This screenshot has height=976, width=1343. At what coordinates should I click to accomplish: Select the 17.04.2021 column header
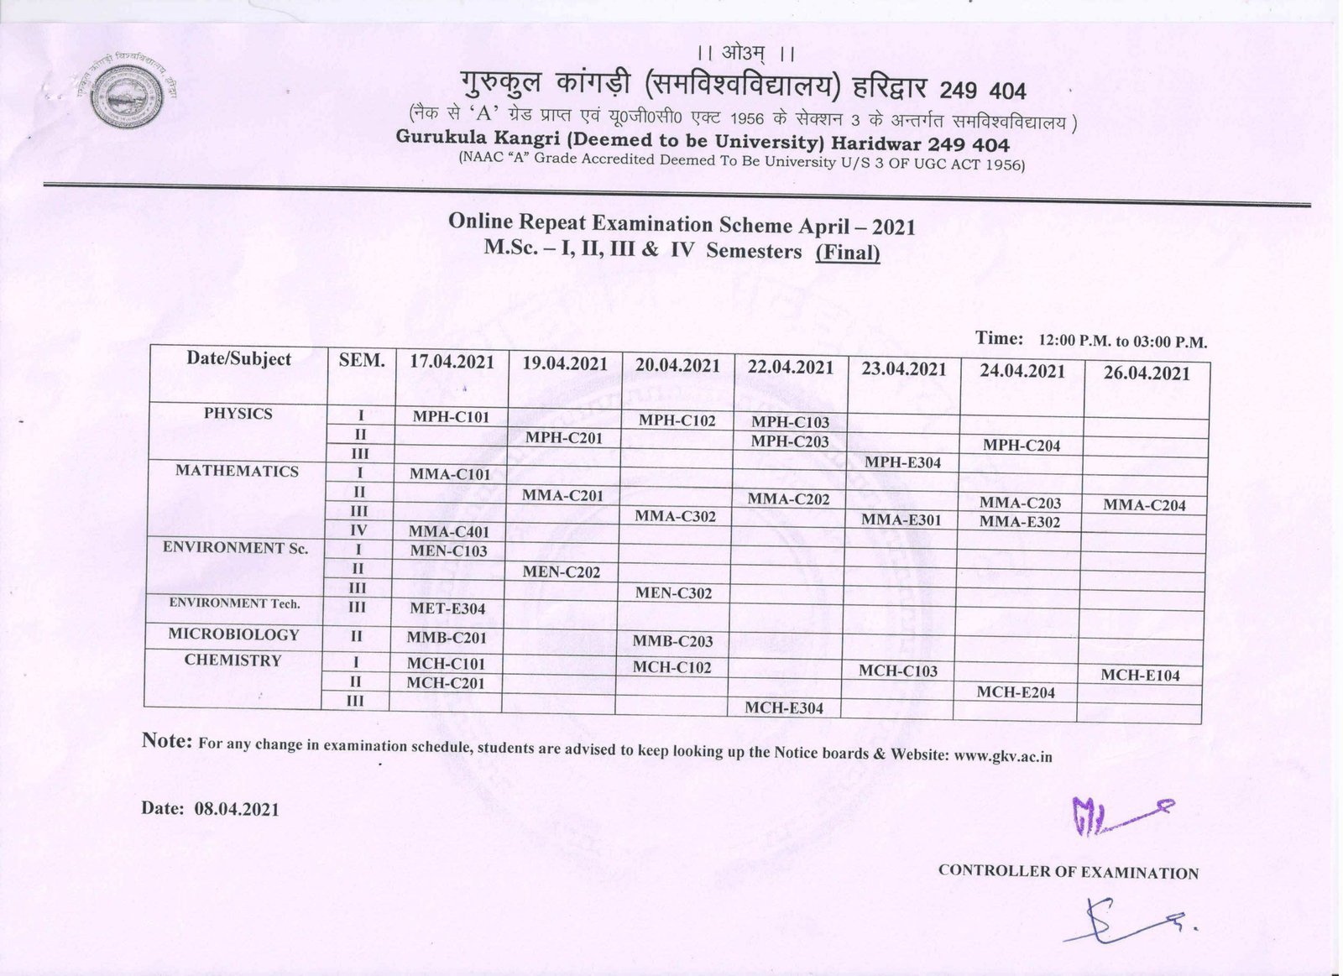coord(452,363)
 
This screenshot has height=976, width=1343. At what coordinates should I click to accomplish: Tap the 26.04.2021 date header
coord(1147,373)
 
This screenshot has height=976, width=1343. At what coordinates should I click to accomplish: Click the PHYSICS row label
coord(238,414)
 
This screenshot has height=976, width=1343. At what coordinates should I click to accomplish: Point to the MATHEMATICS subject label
coord(237,471)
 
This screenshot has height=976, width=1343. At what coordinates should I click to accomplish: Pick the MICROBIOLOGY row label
coord(233,634)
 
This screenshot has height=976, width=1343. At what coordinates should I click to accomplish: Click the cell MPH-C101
coord(451,416)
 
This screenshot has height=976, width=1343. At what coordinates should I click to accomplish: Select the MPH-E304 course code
coord(903,462)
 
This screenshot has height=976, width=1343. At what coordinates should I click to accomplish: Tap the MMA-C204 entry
coord(1144,505)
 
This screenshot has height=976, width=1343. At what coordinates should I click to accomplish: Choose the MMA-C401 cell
coord(448,531)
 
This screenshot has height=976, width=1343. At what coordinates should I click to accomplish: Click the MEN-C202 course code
coord(562,572)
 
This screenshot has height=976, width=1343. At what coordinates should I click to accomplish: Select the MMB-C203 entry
coord(672,641)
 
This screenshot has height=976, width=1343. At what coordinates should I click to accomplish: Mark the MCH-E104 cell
coord(1140,675)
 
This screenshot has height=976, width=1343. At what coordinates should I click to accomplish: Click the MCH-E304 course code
coord(784,707)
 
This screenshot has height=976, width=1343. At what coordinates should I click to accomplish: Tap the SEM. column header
coord(362,361)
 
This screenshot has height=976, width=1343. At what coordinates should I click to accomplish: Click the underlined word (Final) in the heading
coord(848,252)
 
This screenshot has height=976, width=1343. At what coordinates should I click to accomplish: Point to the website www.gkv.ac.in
coord(1003,755)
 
